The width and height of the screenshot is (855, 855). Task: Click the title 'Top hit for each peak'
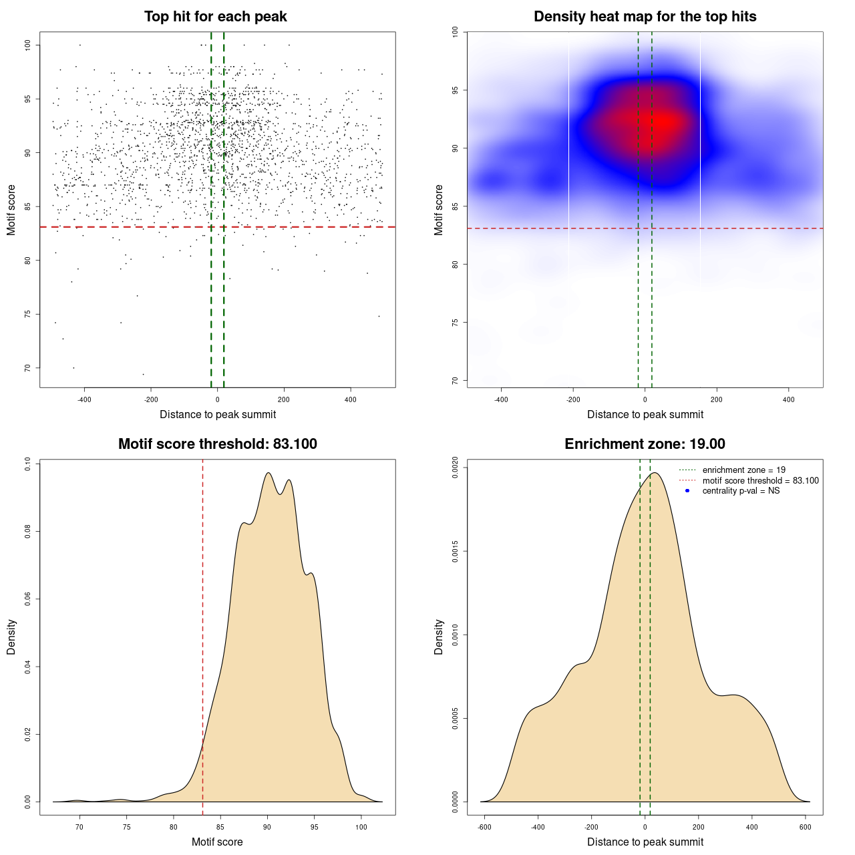coord(215,17)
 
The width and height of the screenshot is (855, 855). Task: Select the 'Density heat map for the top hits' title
coord(645,17)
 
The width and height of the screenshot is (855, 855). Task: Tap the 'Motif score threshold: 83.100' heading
coord(217,444)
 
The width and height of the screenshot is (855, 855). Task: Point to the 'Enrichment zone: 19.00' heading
coord(645,444)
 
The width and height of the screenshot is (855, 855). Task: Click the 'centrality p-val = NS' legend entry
coord(741,491)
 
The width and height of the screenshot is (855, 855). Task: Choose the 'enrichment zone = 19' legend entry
coord(743,470)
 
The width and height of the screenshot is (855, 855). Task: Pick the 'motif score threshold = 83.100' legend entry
coord(760,481)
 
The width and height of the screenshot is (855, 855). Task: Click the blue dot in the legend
coord(687,491)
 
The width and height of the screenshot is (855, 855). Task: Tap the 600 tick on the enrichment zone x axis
coord(806,827)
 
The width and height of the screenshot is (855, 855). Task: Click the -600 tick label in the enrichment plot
coord(484,827)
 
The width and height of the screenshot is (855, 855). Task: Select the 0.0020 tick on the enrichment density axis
coord(455,468)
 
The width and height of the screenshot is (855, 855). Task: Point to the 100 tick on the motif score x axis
coord(361,827)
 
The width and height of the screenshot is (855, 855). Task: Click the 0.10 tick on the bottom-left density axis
coord(27,464)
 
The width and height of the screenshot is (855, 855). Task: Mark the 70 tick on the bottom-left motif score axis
coord(79,827)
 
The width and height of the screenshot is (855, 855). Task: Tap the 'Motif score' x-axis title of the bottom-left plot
coord(217,842)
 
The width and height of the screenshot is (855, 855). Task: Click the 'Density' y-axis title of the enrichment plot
coord(439,637)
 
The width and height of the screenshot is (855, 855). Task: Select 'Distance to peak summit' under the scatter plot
coord(218,415)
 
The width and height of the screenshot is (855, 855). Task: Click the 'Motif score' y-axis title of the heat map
coord(439,210)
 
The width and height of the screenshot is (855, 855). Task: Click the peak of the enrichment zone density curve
coord(655,473)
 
